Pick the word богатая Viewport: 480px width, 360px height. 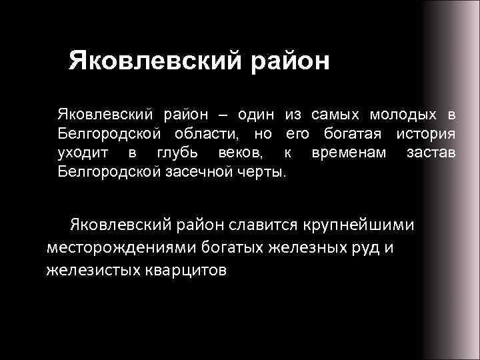[356, 134]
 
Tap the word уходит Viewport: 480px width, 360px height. [80, 153]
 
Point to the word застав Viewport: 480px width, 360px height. [431, 153]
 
